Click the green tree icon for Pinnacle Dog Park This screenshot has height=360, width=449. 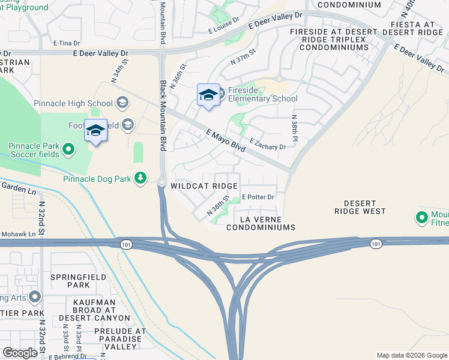140,178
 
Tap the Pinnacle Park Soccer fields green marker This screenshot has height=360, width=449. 68,149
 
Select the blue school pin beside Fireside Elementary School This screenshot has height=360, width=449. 208,96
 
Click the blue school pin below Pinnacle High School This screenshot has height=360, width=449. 95,131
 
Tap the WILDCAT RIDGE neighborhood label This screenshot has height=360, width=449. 203,187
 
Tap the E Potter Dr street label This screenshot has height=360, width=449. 258,197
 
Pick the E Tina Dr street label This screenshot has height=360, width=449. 67,43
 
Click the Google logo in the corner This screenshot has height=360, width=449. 20,353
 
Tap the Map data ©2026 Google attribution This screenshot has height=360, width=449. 411,355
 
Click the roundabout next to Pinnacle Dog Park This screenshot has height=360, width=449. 161,182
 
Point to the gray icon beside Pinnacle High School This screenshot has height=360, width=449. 122,103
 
